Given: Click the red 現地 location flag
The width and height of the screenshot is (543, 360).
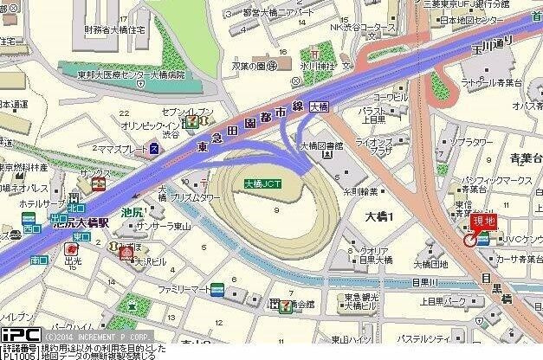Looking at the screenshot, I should point(483,223).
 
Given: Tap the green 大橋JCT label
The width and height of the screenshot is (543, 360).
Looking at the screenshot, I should point(262,183).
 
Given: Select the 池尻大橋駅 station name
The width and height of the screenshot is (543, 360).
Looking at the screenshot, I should point(84,221).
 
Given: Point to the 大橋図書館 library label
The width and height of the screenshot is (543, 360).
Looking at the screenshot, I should point(322,147).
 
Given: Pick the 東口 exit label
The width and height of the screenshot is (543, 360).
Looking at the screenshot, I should point(81,236).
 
